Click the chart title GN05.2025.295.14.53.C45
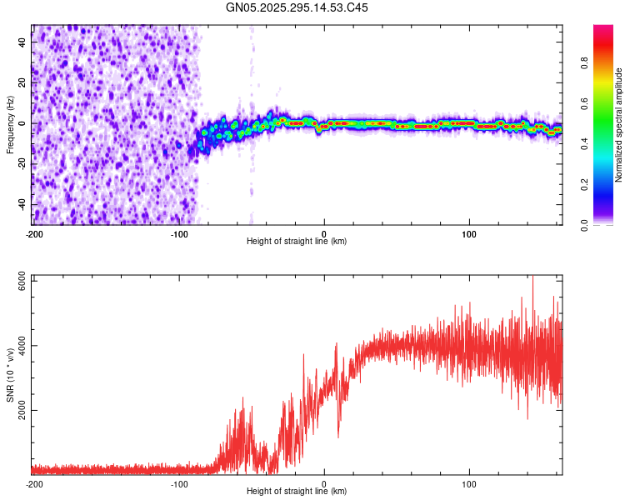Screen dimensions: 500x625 tap(297, 7)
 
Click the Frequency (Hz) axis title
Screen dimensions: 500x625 tap(10, 125)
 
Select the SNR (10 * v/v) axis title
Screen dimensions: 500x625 tap(10, 377)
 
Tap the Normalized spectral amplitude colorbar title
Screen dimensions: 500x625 tap(619, 125)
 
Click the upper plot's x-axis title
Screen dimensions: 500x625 tap(297, 241)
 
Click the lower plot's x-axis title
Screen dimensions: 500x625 tap(297, 491)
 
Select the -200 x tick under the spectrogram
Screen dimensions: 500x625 tap(33, 232)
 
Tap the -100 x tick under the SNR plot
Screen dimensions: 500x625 tap(178, 482)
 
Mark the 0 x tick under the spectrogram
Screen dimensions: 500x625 tap(324, 232)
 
